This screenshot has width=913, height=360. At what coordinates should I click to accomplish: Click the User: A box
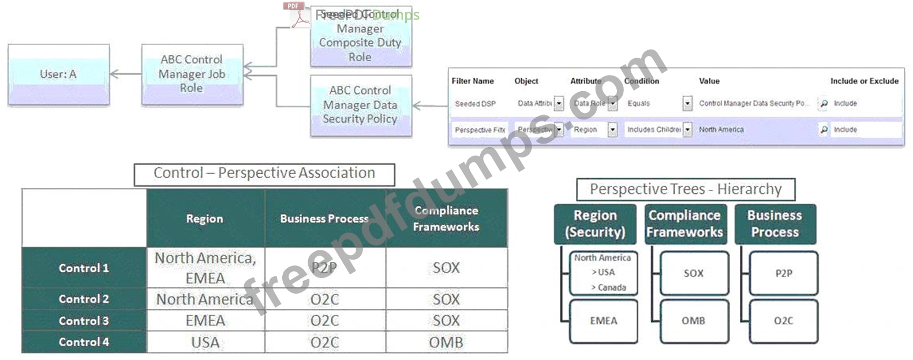tap(58, 74)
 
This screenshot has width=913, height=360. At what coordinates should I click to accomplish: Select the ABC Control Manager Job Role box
tap(192, 74)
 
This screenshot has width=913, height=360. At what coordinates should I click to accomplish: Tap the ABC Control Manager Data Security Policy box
tap(360, 105)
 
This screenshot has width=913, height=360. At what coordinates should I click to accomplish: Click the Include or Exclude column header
tap(864, 81)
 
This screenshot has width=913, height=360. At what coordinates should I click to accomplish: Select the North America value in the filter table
tap(721, 130)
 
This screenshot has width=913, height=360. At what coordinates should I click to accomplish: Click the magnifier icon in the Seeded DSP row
tap(824, 104)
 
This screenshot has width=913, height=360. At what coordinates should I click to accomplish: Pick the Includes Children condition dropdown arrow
tap(687, 130)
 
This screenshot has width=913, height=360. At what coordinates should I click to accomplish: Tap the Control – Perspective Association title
tap(264, 174)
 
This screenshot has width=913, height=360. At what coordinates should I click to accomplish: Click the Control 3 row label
tap(84, 321)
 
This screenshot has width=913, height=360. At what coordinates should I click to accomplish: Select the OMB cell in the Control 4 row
tap(446, 343)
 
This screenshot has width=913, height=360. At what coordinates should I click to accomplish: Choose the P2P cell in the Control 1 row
tap(324, 268)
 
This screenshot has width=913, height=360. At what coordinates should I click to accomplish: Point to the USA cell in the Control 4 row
tap(205, 343)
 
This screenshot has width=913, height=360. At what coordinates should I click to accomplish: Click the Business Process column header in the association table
tap(324, 219)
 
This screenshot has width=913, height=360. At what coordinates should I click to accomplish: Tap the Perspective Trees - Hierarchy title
tap(686, 189)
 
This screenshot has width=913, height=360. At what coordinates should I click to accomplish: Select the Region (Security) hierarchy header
tap(595, 224)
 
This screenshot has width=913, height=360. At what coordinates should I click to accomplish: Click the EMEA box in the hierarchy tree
tap(603, 321)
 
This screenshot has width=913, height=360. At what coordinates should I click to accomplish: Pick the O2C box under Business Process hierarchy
tap(783, 321)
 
